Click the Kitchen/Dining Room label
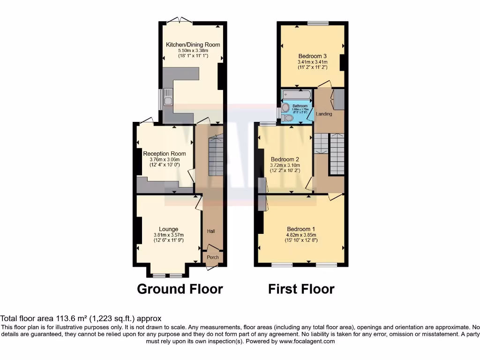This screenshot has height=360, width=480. point(193,45)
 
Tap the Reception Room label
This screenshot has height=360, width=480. point(164,154)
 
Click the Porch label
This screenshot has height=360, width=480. point(213,257)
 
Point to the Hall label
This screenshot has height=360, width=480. point(211,232)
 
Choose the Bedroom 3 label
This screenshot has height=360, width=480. point(312,56)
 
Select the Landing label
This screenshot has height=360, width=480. point(324,114)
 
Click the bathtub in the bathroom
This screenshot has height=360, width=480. point(296,96)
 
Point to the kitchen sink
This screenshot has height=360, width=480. point(167,99)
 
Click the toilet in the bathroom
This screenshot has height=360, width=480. point(288,119)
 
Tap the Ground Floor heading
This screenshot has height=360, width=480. point(180,289)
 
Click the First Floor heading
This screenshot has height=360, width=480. point(301,289)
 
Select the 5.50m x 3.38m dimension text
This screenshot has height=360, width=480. point(193,51)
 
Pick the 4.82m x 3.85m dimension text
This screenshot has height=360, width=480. point(301,235)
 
